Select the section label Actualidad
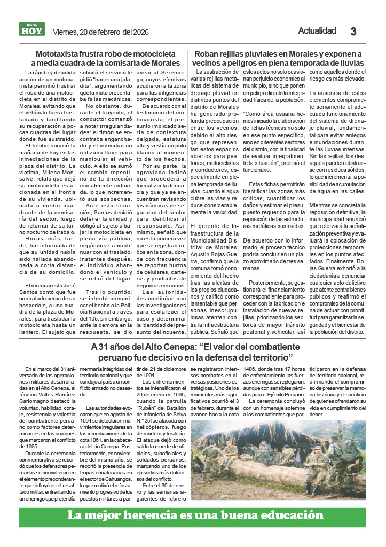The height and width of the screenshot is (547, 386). [317, 31]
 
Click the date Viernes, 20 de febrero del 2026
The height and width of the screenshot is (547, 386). [99, 32]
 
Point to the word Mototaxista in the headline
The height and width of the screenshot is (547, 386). [59, 54]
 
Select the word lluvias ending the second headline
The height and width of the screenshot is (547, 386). [350, 63]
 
